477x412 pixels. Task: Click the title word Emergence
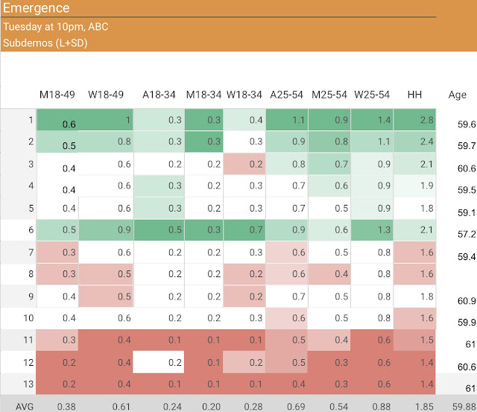tap(37, 9)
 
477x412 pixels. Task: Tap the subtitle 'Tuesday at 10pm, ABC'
tap(55, 27)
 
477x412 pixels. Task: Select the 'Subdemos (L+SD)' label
tap(45, 42)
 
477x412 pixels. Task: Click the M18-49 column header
tap(57, 95)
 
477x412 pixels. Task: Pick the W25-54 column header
tap(372, 95)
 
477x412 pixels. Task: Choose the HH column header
tap(415, 95)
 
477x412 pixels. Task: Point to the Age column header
tap(457, 95)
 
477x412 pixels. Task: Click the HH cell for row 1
tap(415, 120)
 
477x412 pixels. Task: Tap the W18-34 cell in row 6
tap(244, 230)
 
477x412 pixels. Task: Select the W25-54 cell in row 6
tap(372, 230)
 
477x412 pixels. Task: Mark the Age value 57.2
tap(467, 234)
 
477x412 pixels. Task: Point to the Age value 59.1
tap(467, 212)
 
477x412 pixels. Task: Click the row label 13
tap(30, 384)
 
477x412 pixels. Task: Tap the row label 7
tap(31, 253)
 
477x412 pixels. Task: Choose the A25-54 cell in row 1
tap(287, 120)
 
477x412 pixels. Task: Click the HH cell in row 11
tap(415, 340)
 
